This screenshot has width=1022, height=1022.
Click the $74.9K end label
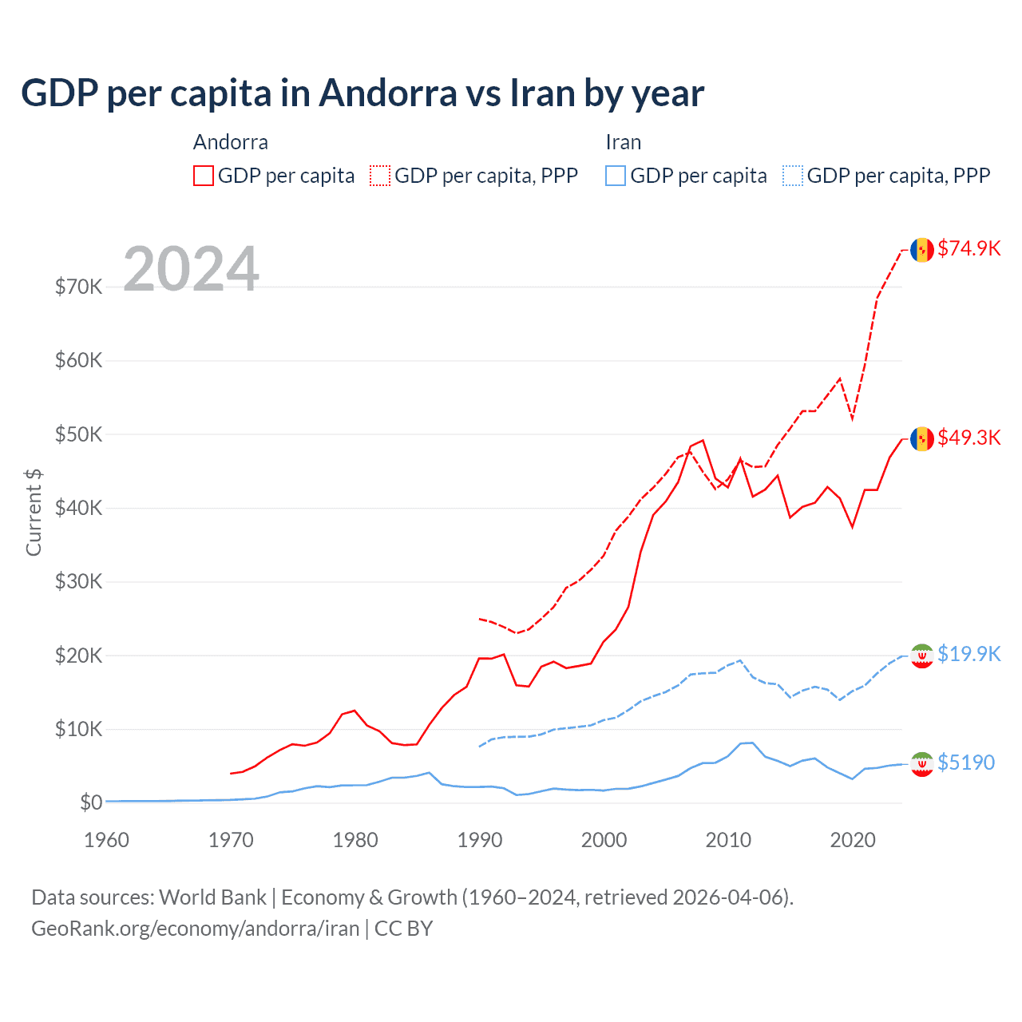coord(969,248)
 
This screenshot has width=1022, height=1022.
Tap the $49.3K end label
coord(969,438)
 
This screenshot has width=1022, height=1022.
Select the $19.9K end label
coord(969,654)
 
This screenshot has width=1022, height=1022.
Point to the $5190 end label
coord(965,763)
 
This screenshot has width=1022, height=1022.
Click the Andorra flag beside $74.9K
coord(922,249)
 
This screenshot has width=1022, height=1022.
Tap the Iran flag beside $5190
coord(922,764)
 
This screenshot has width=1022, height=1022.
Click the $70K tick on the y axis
coord(78,287)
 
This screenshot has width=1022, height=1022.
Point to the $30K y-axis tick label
coord(78,581)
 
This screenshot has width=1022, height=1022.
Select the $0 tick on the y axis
coord(91,802)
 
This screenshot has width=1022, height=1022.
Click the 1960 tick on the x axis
coord(106,840)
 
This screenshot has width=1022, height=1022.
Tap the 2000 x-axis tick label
coord(604,840)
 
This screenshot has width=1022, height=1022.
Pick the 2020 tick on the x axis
coord(853,840)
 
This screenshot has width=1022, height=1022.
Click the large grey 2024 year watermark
coord(192,268)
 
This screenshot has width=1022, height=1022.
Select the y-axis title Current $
coord(34,512)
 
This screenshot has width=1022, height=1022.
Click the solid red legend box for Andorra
coord(204,176)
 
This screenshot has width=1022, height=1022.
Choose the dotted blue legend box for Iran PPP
coord(793,176)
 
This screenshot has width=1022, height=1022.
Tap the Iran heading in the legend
coord(623,142)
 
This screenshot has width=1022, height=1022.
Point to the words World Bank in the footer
coord(212,897)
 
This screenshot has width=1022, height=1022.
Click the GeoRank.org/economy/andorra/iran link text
coord(196,929)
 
